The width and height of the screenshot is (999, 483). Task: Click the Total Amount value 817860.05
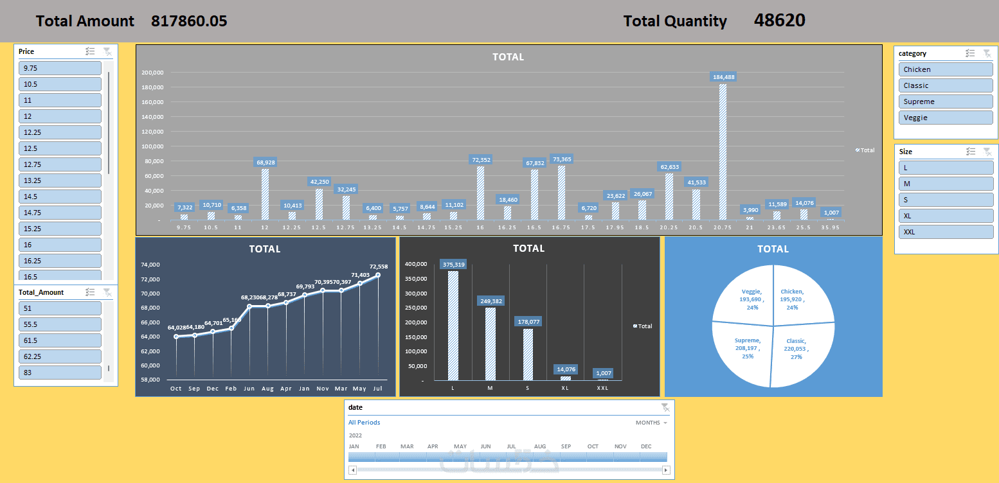tap(189, 21)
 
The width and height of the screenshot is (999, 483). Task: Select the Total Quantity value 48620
tap(779, 21)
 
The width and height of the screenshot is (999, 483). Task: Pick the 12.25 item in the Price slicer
tap(60, 132)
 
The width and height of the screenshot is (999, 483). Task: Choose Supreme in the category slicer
tap(945, 101)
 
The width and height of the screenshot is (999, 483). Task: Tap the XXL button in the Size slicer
tap(945, 232)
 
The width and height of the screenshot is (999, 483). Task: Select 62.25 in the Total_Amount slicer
tap(60, 356)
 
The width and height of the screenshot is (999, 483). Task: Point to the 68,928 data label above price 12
tap(265, 162)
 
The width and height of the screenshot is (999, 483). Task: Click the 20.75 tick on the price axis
tap(723, 227)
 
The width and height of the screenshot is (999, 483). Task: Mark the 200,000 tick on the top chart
tap(152, 73)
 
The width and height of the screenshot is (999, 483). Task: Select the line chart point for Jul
tap(378, 275)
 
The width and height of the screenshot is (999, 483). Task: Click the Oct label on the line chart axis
tap(175, 389)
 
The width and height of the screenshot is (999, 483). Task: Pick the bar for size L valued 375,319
tap(453, 325)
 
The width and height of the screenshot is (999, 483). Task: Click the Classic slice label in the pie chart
tap(796, 349)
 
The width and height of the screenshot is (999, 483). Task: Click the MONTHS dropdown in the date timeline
tap(651, 423)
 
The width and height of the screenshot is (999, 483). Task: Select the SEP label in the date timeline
tap(566, 446)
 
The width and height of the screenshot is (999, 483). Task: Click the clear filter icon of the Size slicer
tap(987, 152)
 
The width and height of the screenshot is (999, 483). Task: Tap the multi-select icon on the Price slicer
tap(91, 51)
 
